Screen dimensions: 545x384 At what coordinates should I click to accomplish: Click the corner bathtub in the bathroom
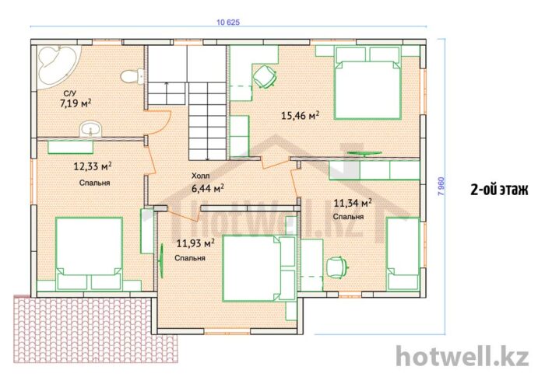(x=58, y=65)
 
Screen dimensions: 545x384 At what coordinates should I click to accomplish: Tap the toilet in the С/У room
(x=133, y=76)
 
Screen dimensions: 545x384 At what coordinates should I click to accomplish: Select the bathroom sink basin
(x=91, y=129)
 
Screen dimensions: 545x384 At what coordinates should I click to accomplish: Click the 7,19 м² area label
(x=76, y=103)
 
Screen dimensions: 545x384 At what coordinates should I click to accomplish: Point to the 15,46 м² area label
(x=300, y=115)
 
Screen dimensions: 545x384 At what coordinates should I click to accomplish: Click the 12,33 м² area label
(x=93, y=166)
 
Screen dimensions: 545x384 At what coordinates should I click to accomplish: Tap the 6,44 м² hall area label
(x=208, y=188)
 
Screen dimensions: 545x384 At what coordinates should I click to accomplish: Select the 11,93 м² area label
(x=195, y=243)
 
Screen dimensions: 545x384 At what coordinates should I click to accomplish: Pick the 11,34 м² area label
(x=353, y=203)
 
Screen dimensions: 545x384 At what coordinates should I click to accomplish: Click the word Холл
(x=201, y=176)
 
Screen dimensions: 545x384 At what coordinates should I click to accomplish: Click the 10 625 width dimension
(x=228, y=23)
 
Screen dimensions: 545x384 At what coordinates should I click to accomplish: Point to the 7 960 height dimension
(x=441, y=187)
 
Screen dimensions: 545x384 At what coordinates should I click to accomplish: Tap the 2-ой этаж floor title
(x=499, y=190)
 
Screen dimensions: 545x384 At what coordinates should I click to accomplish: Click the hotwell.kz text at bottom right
(x=462, y=356)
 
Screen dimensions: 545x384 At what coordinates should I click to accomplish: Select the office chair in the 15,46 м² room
(x=265, y=77)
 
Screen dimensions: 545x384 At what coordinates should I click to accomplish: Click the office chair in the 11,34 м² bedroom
(x=337, y=267)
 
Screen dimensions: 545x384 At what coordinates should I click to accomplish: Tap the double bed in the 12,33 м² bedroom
(x=89, y=253)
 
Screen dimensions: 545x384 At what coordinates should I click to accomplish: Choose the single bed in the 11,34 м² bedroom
(x=403, y=253)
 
